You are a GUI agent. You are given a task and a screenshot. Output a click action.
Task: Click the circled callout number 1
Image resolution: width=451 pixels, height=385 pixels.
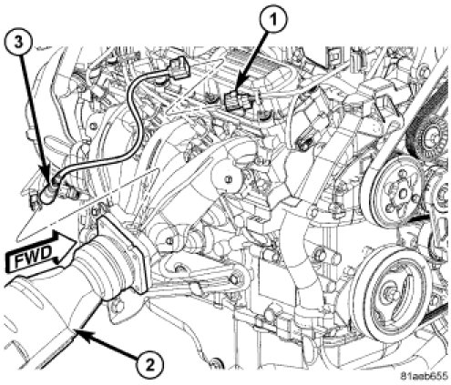pos(273,21)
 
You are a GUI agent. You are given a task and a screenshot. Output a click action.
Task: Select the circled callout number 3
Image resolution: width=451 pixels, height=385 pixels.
pos(18,43)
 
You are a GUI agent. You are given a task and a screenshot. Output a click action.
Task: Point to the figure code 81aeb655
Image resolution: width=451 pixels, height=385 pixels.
pos(424,377)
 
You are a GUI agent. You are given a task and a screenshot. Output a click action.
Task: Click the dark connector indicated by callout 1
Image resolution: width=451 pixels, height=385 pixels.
pos(238,101)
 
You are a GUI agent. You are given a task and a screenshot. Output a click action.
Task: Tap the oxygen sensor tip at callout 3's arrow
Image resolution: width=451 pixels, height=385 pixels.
pos(46,194)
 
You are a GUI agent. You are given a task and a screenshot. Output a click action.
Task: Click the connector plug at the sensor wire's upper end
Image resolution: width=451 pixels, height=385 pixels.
pos(179,66)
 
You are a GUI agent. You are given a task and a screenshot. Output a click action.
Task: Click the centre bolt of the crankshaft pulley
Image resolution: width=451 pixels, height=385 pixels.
pos(390,293)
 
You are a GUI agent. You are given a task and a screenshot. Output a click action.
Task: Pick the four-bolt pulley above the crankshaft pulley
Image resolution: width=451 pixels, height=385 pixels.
pos(398,194)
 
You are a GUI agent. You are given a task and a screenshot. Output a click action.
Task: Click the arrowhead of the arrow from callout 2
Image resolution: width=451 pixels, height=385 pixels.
pos(79,334)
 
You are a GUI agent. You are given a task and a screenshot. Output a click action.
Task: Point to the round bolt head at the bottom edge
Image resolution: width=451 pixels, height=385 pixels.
pos(216,363)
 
